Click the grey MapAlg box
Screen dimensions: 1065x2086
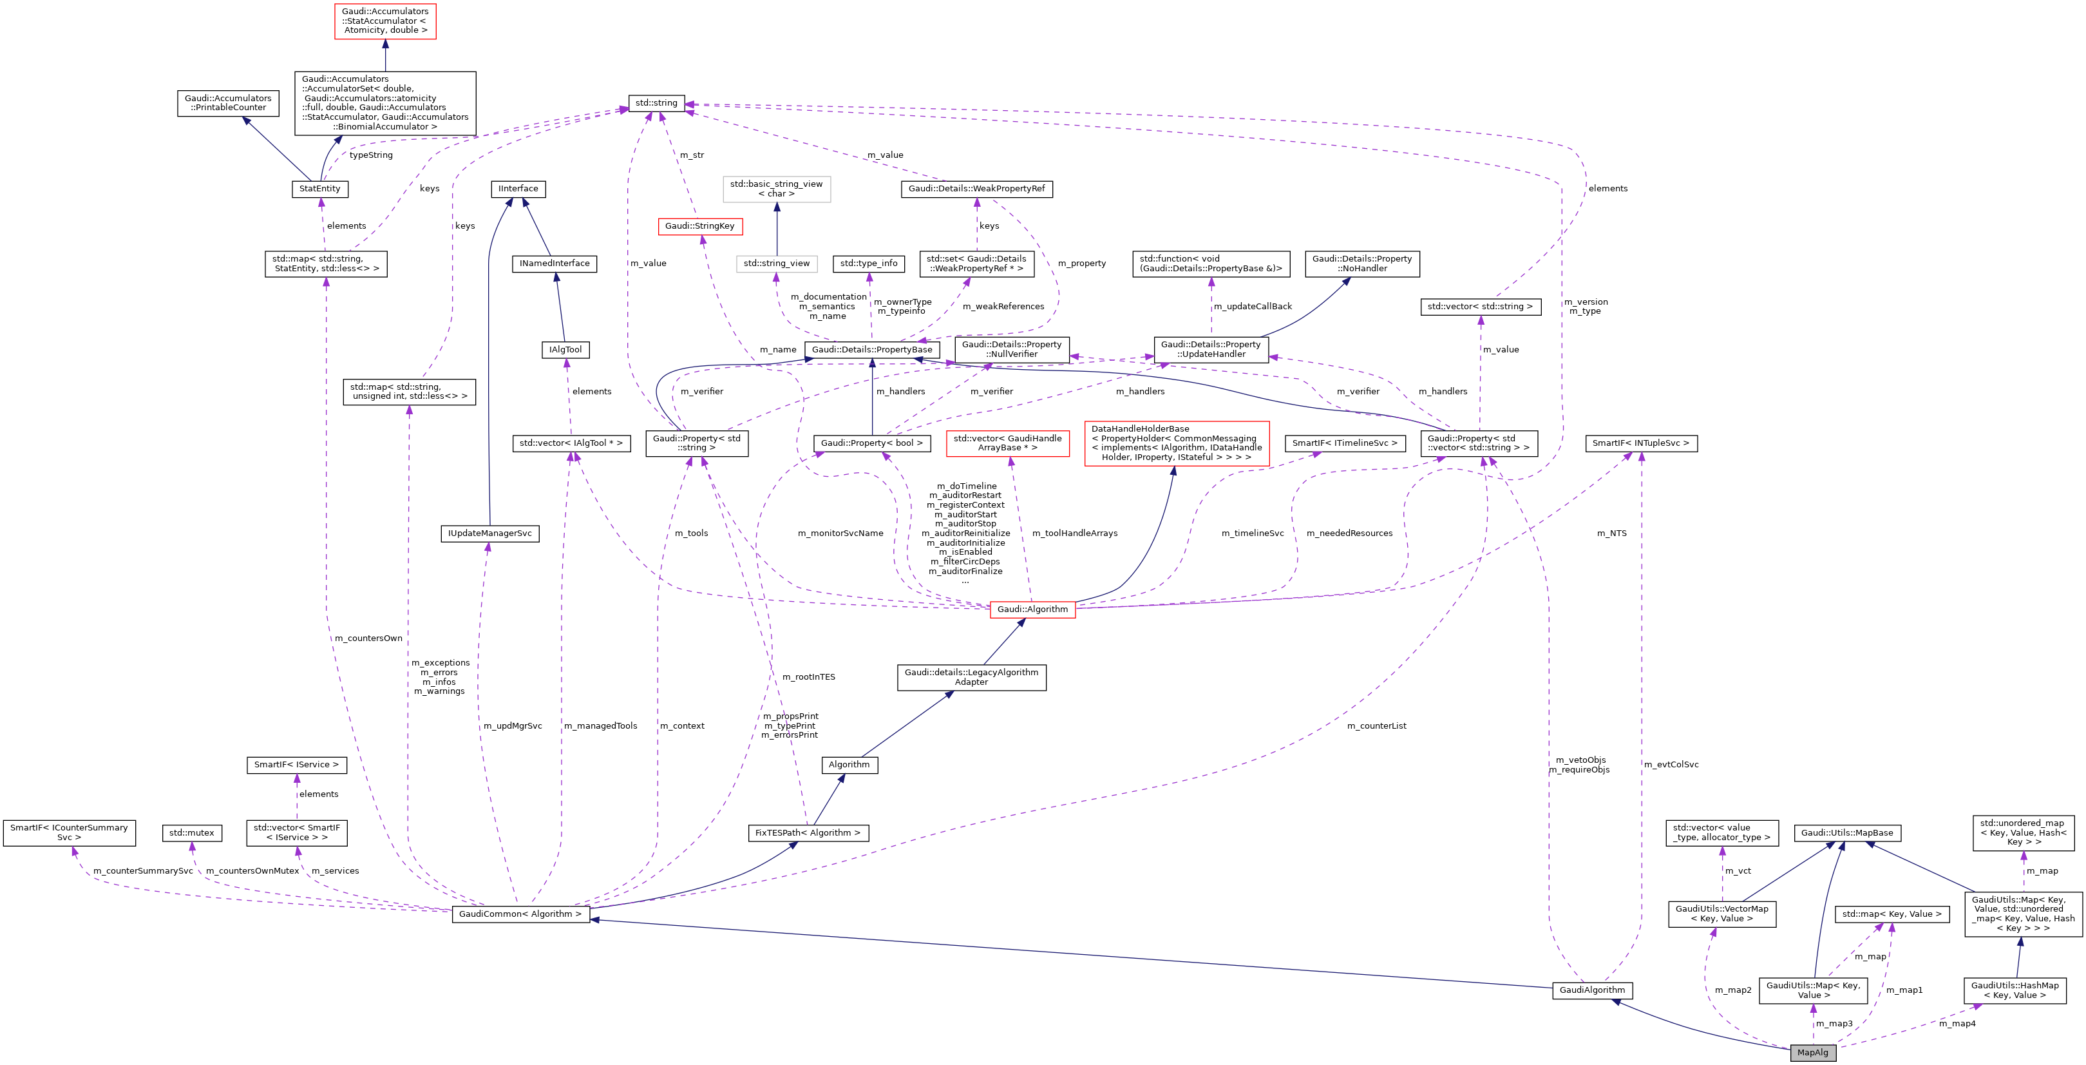[x=1812, y=1052]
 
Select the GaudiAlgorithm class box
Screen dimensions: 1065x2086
[x=1592, y=990]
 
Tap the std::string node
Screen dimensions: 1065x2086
[x=656, y=103]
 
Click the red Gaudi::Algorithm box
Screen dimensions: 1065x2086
[x=1032, y=609]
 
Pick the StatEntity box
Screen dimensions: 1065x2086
[x=320, y=189]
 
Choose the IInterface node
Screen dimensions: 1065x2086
[x=518, y=189]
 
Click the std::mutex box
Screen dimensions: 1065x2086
[x=192, y=832]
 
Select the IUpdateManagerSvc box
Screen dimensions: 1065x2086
[x=490, y=533]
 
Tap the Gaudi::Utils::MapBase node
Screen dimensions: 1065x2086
[x=1847, y=832]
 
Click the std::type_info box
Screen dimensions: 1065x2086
[x=869, y=264]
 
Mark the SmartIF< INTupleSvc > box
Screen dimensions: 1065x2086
[x=1640, y=443]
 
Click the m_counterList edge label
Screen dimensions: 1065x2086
[x=1377, y=725]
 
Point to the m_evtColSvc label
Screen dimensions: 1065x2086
[x=1671, y=765]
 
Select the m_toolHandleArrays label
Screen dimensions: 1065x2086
[x=1075, y=533]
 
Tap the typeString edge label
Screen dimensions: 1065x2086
[x=371, y=155]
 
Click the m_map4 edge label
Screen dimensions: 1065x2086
[x=1957, y=1024]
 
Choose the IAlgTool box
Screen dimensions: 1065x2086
[x=565, y=350]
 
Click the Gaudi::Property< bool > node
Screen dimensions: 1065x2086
[x=871, y=443]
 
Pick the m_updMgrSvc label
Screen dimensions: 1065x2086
[x=513, y=725]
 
